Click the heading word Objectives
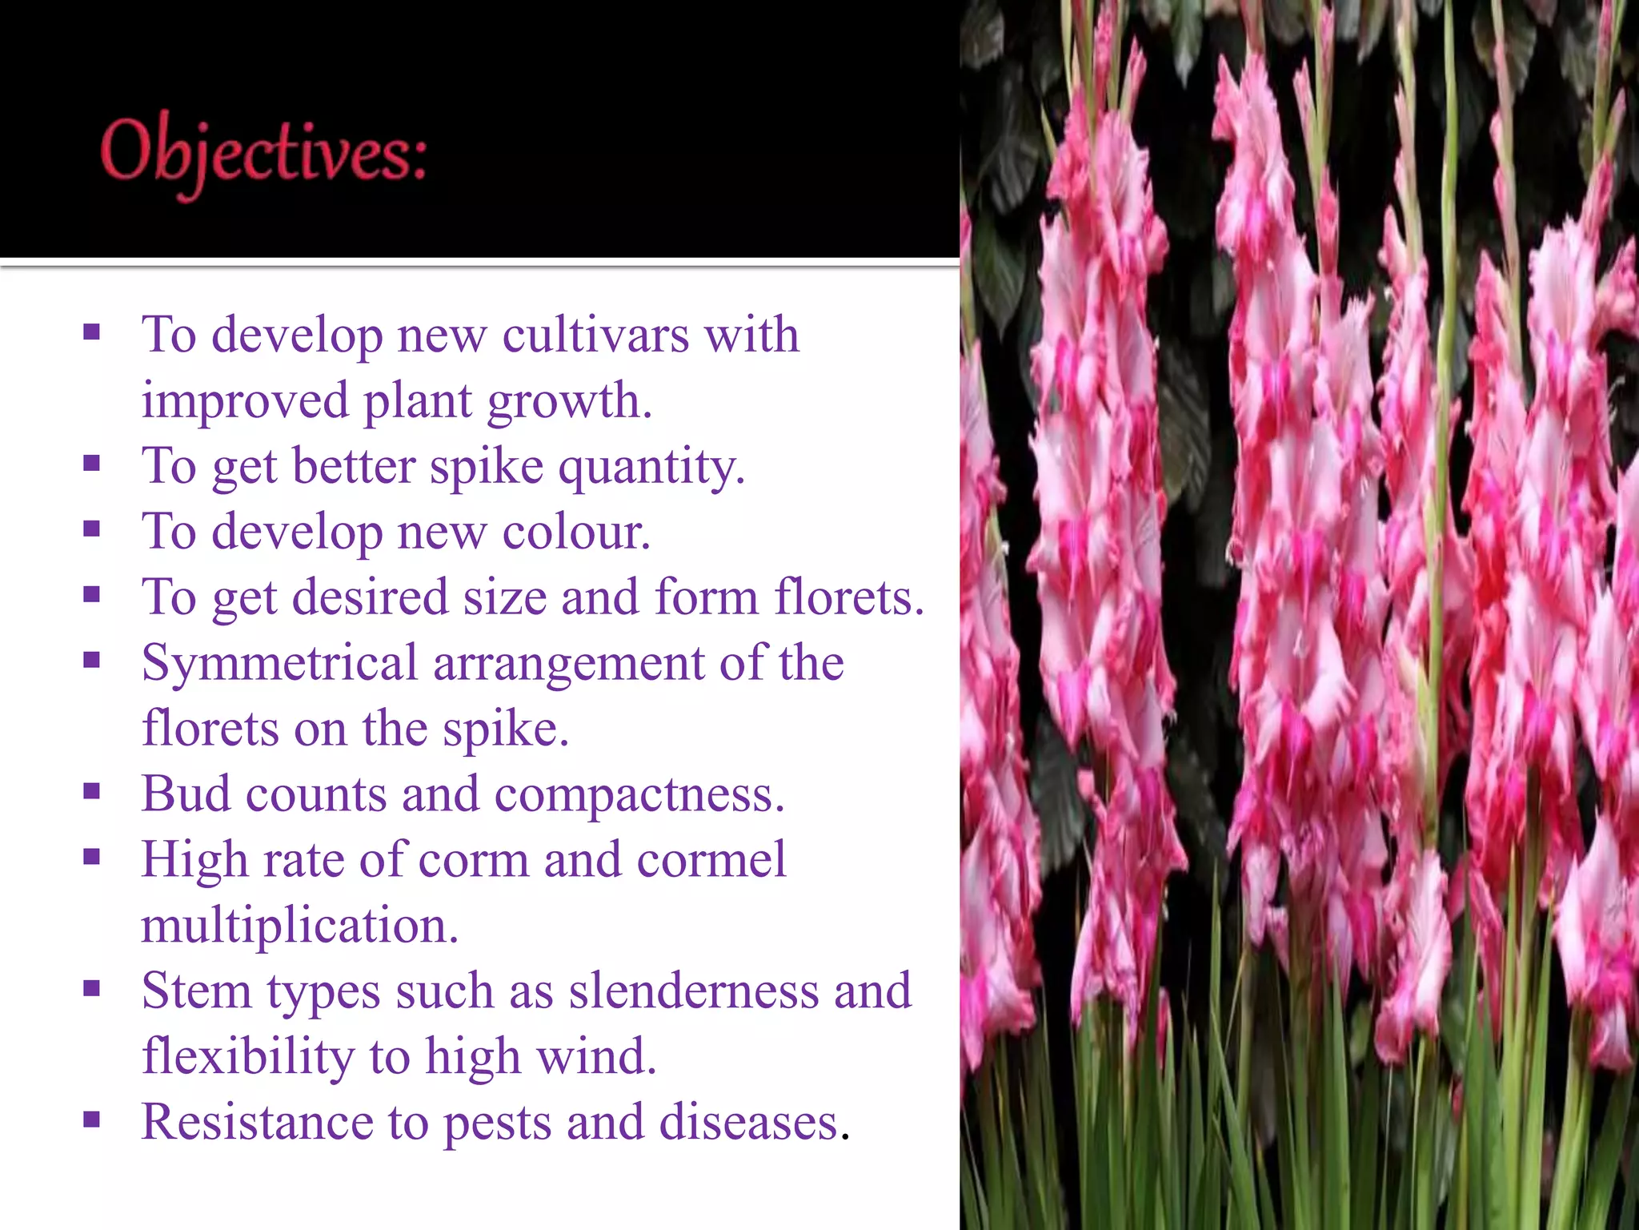coord(264,154)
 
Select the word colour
coord(576,532)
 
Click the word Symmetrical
coord(279,665)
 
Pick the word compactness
coord(639,794)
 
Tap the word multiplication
coord(299,926)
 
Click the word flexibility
coord(248,1057)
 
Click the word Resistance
coord(257,1123)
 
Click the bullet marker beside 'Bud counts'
coord(91,791)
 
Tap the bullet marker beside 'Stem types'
coord(91,988)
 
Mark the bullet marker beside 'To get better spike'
coord(91,463)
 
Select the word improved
coord(245,402)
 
